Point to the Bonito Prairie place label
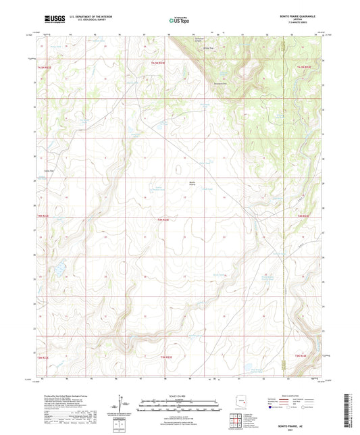(191, 184)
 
